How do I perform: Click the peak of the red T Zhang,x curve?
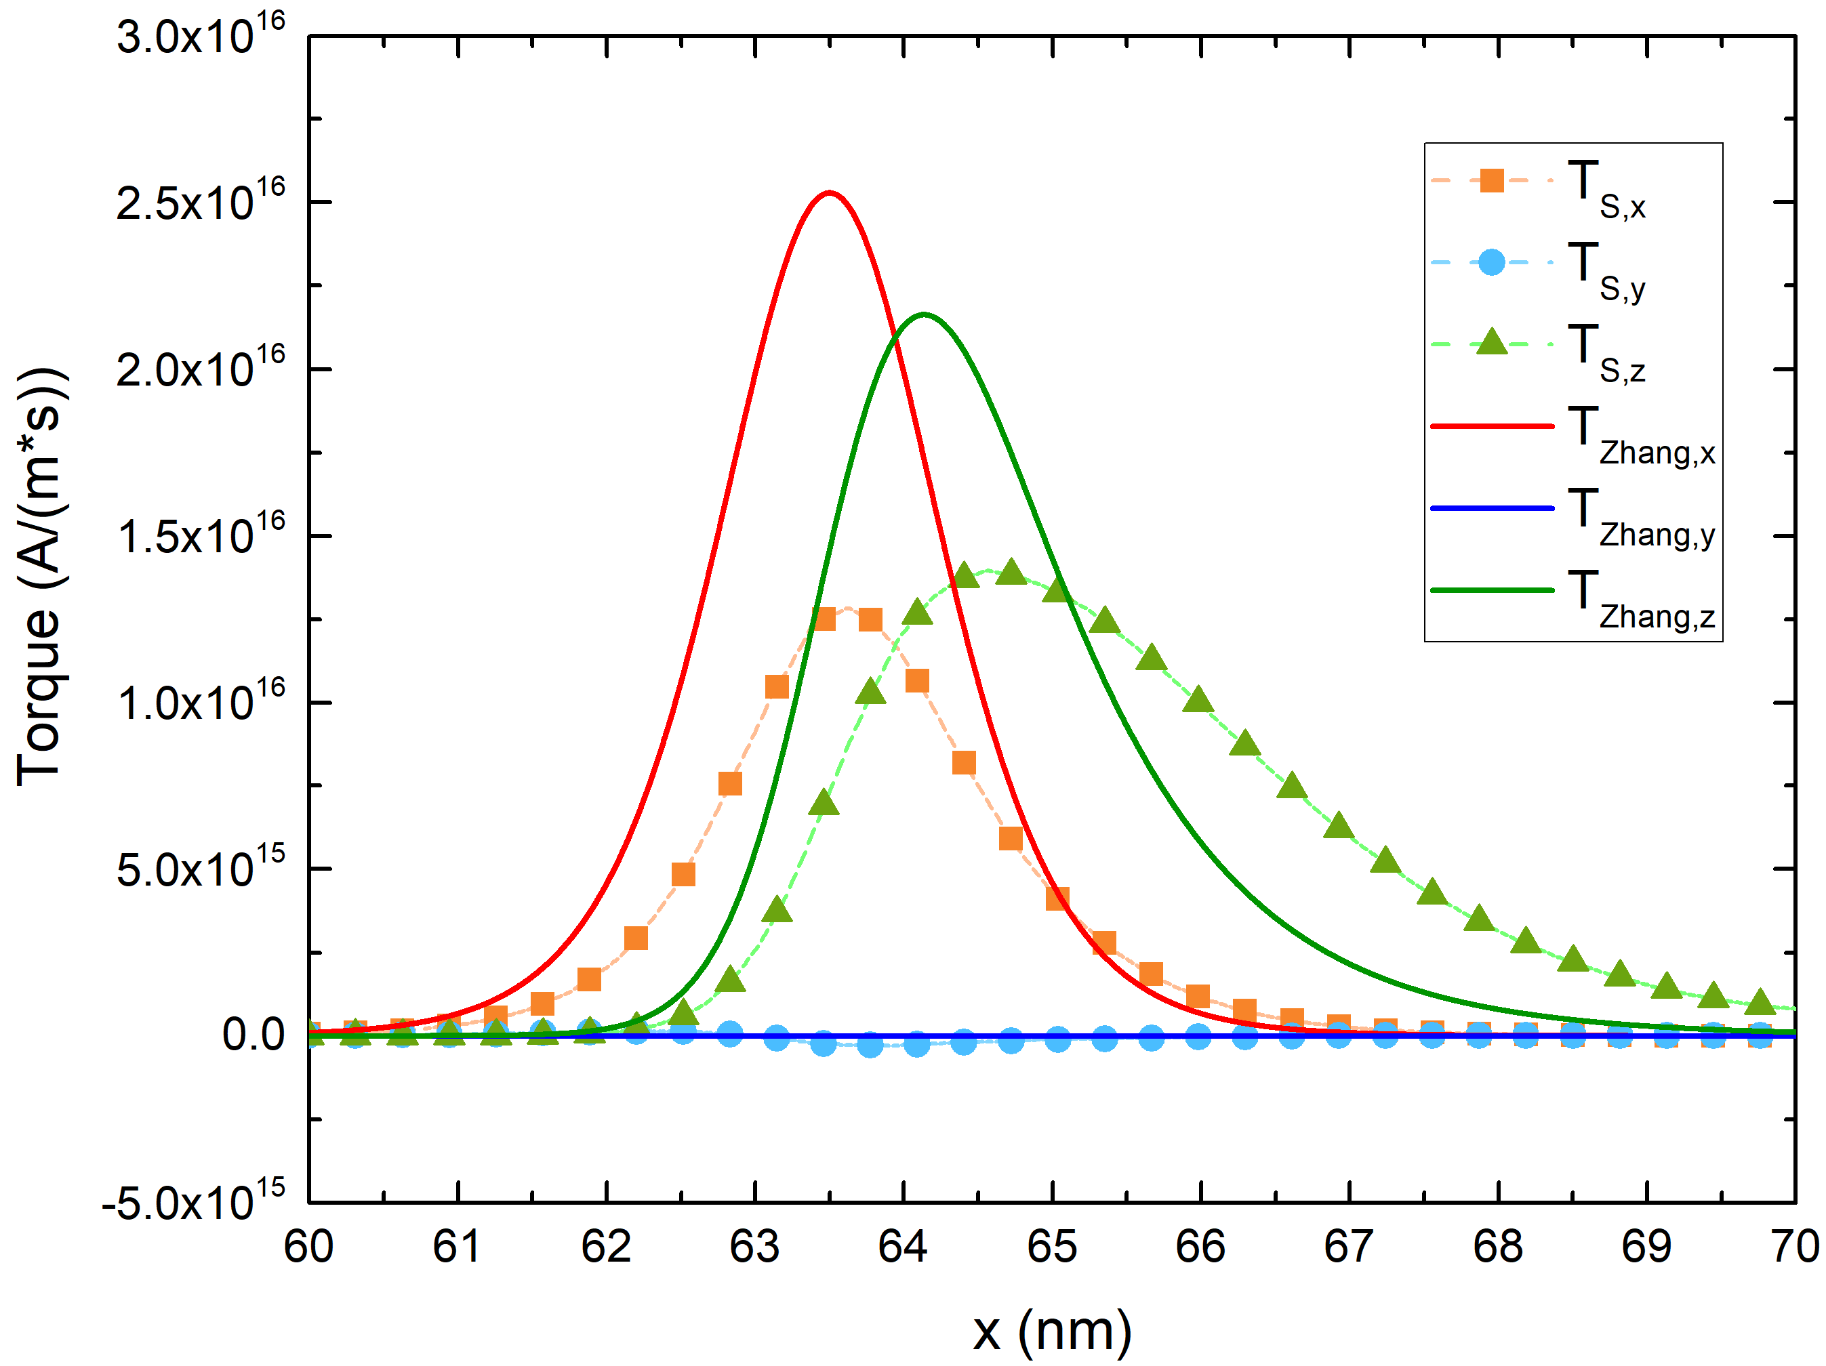click(829, 194)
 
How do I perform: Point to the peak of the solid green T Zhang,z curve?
click(924, 314)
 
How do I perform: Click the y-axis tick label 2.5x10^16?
click(201, 201)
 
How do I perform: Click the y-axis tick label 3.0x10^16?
click(201, 35)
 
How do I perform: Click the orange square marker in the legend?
click(1492, 180)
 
